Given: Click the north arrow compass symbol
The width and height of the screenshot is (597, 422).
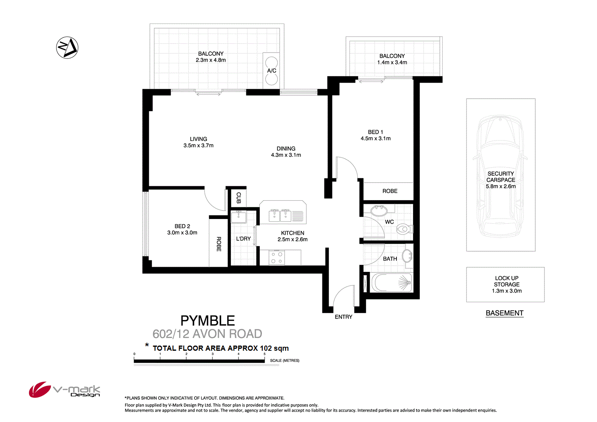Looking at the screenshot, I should (x=67, y=48).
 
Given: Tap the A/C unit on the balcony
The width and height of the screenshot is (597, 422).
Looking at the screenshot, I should (x=271, y=71).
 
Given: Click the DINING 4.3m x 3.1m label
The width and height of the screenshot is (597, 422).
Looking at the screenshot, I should (x=286, y=152).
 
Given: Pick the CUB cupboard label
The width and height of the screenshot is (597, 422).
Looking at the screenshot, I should (x=238, y=198).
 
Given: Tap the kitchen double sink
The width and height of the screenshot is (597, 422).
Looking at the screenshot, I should (x=280, y=216).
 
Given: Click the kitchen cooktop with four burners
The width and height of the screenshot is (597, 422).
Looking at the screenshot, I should (x=277, y=258).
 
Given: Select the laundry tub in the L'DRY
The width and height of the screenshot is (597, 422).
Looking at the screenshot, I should (x=238, y=217).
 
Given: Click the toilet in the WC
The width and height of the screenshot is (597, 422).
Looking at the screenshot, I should (x=405, y=229).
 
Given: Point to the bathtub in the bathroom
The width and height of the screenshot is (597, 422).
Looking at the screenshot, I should (x=392, y=282).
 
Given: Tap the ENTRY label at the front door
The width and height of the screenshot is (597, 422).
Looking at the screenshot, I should (x=343, y=317).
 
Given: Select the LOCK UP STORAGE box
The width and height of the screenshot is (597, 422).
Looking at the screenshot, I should (x=505, y=284).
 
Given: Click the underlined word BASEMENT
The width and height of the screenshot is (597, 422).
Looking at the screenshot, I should (x=504, y=313).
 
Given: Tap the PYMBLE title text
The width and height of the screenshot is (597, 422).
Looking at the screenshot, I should (x=207, y=320).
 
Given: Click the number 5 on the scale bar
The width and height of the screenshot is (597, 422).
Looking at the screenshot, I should (x=264, y=354).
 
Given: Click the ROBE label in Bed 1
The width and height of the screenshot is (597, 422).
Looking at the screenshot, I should (x=390, y=191).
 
